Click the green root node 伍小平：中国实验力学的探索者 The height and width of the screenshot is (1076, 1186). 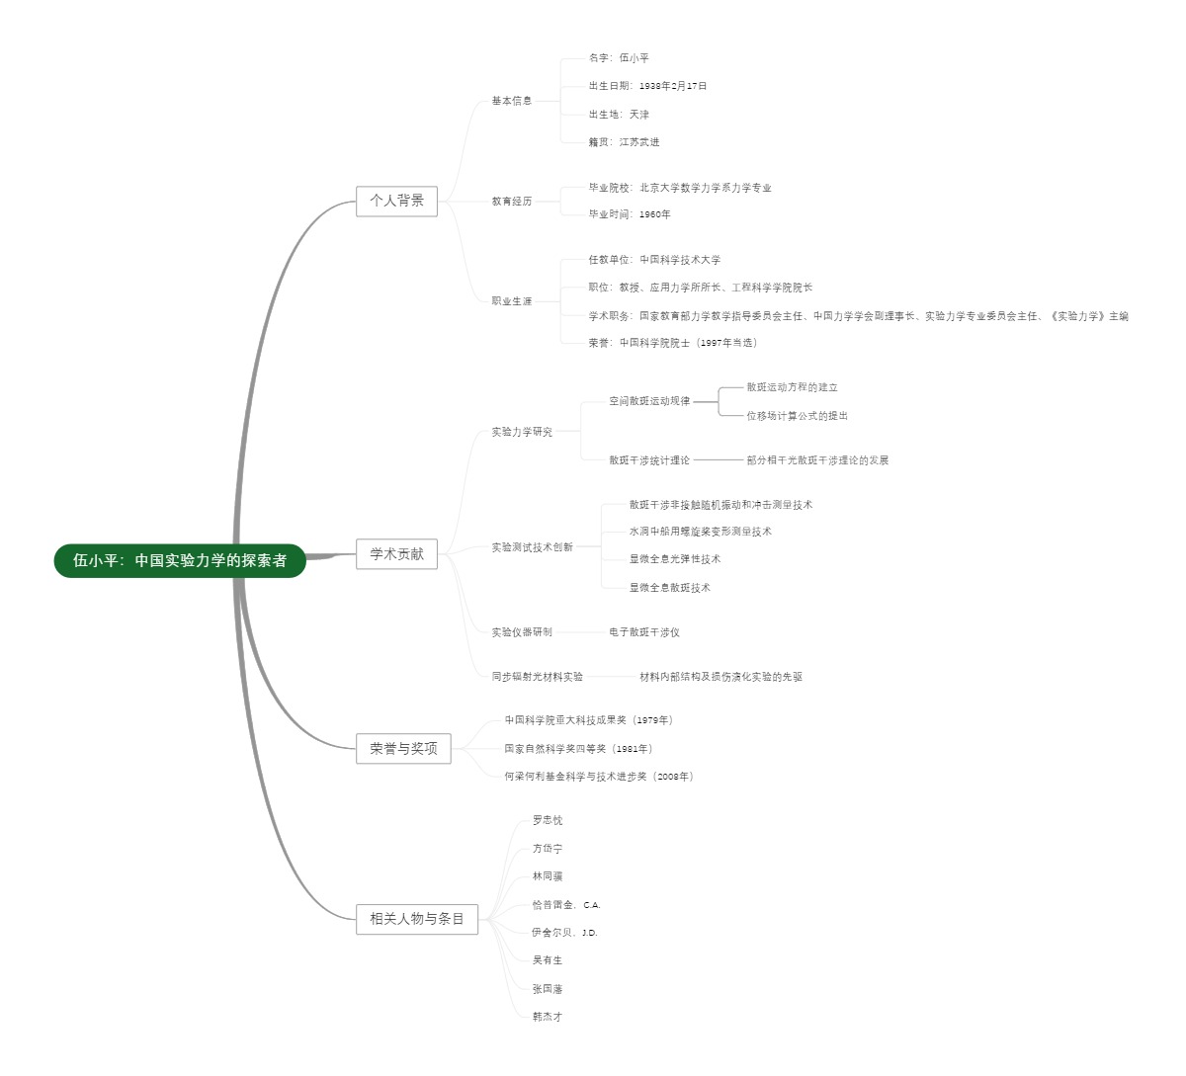coord(180,561)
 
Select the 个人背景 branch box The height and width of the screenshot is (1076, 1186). coord(396,201)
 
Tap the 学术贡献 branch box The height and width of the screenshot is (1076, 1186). coord(396,554)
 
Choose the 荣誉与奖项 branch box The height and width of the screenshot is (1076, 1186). coord(403,749)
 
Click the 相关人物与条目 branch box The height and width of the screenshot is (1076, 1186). coord(417,919)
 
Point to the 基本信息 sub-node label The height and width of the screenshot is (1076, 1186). coord(512,101)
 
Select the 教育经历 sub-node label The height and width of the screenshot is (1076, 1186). coord(512,202)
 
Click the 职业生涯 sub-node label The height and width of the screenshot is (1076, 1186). coord(512,301)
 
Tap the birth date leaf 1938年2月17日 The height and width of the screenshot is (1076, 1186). coord(647,87)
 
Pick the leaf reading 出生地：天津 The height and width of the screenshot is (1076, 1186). coord(619,115)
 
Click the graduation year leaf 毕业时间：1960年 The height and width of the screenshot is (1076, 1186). coord(630,214)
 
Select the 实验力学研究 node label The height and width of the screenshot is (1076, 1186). coord(522,433)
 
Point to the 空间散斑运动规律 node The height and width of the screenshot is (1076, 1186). coord(649,402)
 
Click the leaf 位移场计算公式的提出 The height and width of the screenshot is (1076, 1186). coord(797,416)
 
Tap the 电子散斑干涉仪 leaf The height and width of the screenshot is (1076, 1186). coord(644,632)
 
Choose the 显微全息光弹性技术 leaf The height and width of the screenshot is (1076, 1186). coord(675,559)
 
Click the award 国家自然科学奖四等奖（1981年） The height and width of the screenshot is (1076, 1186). coord(578,749)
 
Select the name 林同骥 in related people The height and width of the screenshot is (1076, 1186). coord(548,876)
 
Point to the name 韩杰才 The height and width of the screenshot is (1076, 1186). coord(548,1017)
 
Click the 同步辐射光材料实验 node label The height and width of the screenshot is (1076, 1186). coord(538,677)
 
